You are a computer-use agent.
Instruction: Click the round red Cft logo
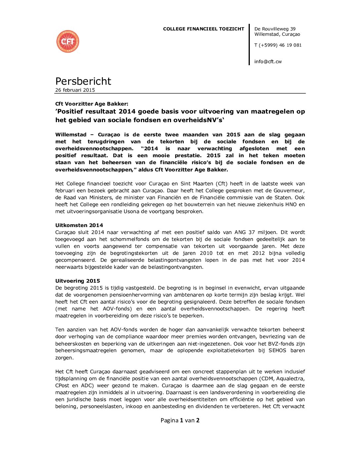[68, 41]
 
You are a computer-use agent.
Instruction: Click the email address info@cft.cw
[268, 62]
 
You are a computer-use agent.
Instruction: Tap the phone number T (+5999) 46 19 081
[278, 45]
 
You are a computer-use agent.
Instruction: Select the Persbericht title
[83, 81]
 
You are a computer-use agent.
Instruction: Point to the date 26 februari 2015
[75, 90]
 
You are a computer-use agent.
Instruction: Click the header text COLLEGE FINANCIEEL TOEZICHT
[203, 29]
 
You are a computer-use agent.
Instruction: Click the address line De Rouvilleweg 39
[275, 29]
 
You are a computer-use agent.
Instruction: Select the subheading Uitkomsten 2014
[79, 225]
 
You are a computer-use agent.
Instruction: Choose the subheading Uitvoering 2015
[77, 281]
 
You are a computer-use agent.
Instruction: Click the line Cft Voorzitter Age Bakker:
[92, 104]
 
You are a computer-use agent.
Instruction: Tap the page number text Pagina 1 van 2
[180, 420]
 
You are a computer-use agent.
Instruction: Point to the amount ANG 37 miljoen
[256, 232]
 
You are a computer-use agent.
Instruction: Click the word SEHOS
[277, 350]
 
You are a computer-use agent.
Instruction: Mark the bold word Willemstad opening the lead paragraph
[71, 135]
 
